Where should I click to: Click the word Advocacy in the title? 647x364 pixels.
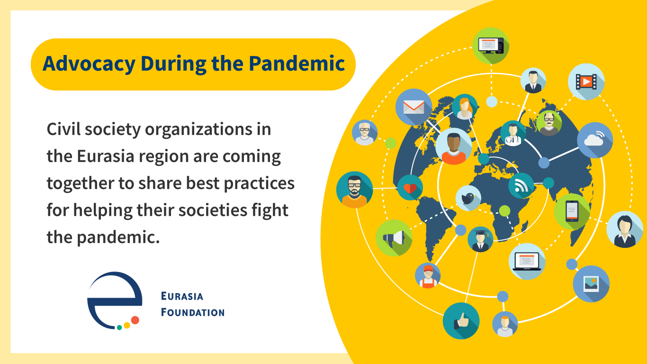point(89,64)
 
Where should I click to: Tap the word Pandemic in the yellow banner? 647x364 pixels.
point(297,63)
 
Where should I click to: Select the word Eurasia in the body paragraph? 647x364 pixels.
point(106,156)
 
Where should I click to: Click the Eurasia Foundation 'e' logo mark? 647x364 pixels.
point(115,300)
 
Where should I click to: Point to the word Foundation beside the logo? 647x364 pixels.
point(193,312)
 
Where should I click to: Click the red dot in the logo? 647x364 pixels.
point(135,320)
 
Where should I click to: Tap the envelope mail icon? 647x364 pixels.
point(413,107)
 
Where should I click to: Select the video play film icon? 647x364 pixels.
point(586,82)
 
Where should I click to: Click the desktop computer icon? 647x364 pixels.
point(491,45)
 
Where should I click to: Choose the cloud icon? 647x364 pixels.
point(595,140)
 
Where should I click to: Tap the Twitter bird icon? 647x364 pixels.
point(468,198)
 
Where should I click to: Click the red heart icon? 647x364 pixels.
point(410,188)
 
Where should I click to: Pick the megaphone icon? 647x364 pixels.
point(394,238)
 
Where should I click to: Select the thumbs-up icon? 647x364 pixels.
point(461,320)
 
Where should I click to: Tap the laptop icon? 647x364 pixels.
point(527,261)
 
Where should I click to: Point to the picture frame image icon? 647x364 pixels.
point(591,284)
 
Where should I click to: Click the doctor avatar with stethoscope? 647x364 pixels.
point(513,133)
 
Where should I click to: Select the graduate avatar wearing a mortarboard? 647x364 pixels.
point(480,239)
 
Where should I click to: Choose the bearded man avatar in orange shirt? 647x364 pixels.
point(354,190)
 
